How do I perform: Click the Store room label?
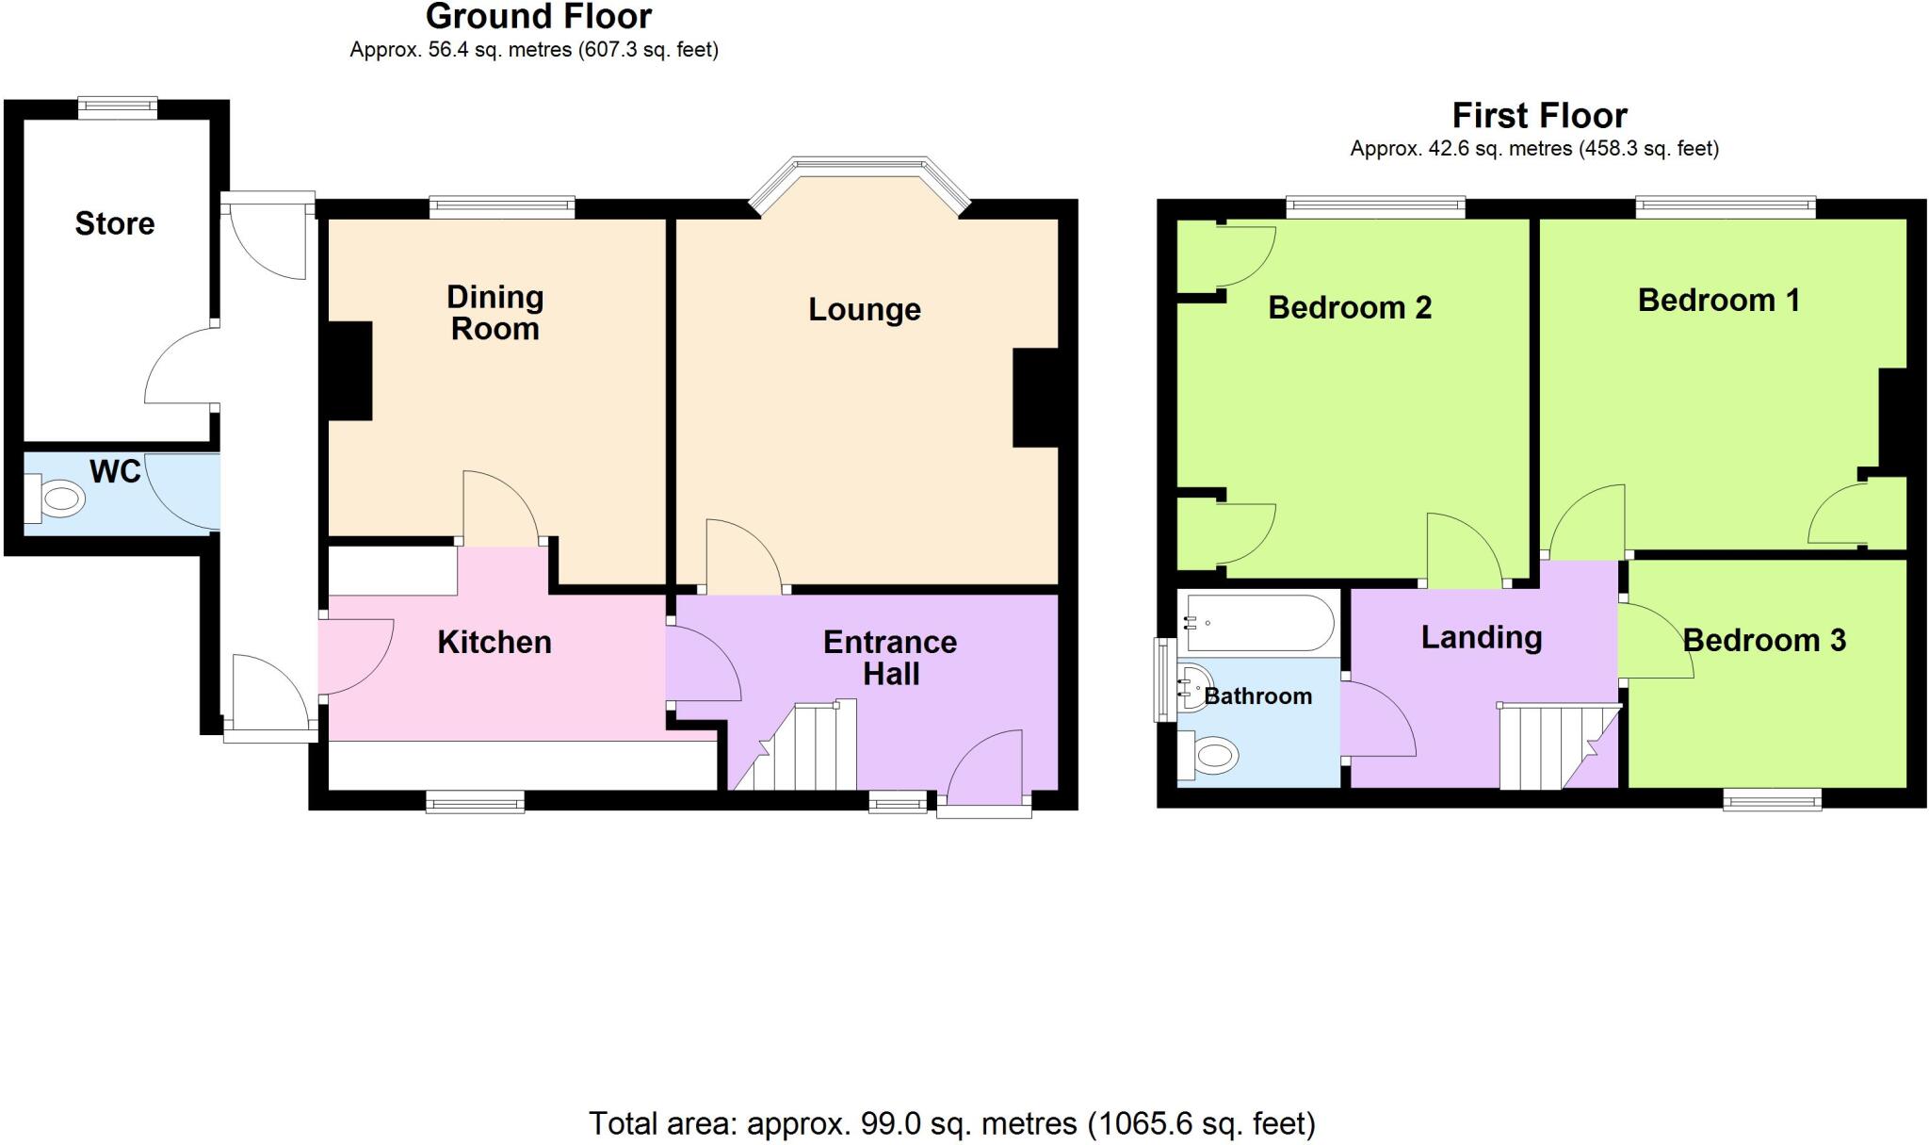pos(114,223)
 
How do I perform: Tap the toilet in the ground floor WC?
pos(58,498)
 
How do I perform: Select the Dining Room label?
pos(494,312)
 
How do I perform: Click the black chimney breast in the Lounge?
pos(1035,398)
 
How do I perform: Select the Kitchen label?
pos(494,643)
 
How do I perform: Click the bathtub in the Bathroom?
pos(1258,623)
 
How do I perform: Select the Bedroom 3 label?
pos(1763,641)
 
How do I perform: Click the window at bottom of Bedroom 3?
pos(1772,800)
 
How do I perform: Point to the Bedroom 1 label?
pos(1718,301)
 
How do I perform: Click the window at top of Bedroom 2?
pos(1375,206)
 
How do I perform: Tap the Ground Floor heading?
pos(538,17)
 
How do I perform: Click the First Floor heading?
pos(1538,116)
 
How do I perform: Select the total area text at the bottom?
pos(951,1123)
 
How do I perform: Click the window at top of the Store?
pos(117,106)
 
